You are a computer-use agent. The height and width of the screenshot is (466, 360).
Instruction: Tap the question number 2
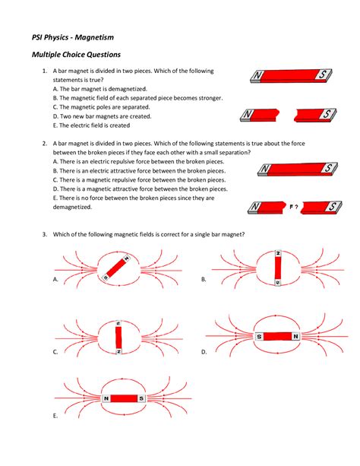pyautogui.click(x=45, y=144)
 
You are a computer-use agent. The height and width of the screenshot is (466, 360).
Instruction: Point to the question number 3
pyautogui.click(x=45, y=234)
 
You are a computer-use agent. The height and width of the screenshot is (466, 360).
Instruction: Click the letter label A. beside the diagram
pyautogui.click(x=55, y=280)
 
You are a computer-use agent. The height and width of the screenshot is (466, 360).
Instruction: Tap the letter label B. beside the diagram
pyautogui.click(x=204, y=280)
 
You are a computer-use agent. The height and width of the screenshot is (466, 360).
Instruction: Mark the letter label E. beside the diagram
pyautogui.click(x=55, y=416)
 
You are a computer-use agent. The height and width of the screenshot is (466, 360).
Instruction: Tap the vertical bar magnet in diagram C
pyautogui.click(x=118, y=337)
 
